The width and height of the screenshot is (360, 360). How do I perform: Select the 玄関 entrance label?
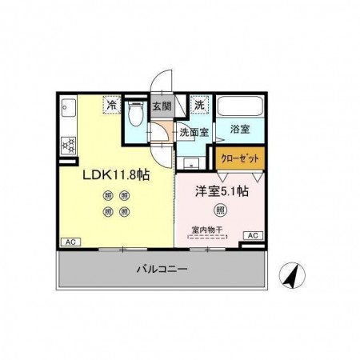(162, 106)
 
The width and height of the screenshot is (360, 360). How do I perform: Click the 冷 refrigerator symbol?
(111, 105)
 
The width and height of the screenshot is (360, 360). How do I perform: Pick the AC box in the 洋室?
(252, 235)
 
